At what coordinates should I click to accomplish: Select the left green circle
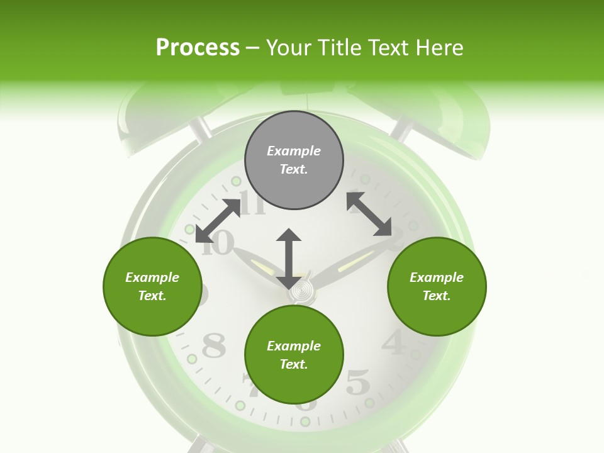pyautogui.click(x=152, y=286)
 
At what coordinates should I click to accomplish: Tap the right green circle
pyautogui.click(x=437, y=286)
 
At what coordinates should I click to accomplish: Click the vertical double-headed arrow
pyautogui.click(x=289, y=258)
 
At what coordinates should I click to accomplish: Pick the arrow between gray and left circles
pyautogui.click(x=218, y=221)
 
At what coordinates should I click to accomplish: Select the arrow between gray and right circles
pyautogui.click(x=369, y=215)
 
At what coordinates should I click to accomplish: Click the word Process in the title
pyautogui.click(x=198, y=47)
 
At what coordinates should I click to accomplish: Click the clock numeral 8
pyautogui.click(x=213, y=345)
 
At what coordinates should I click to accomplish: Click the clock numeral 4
pyautogui.click(x=394, y=343)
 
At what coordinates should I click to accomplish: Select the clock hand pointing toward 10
pyautogui.click(x=258, y=262)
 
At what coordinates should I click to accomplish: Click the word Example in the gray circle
pyautogui.click(x=294, y=151)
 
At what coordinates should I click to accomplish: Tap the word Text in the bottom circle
pyautogui.click(x=294, y=364)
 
